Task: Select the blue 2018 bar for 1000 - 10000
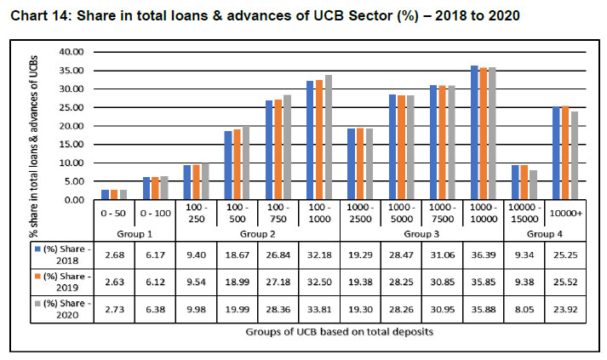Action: click(474, 133)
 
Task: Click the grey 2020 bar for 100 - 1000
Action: click(329, 138)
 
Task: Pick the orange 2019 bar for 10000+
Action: click(565, 153)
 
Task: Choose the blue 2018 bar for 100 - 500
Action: click(228, 165)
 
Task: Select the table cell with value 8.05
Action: click(524, 312)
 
